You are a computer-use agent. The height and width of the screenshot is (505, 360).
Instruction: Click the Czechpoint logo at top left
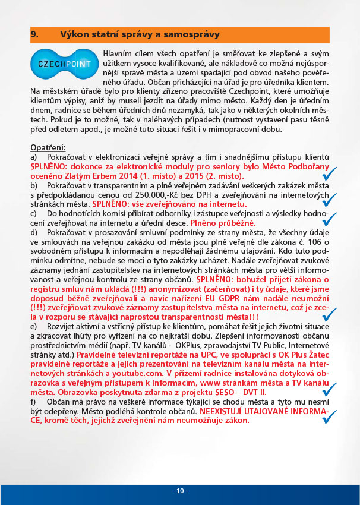tap(64, 64)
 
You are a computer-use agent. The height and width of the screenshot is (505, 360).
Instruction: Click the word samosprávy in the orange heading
tap(188, 34)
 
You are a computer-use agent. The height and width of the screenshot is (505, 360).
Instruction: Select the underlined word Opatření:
tap(48, 147)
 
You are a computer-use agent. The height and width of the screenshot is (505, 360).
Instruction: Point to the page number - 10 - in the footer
tap(180, 491)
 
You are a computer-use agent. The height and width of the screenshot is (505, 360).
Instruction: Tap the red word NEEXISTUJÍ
tap(224, 410)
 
